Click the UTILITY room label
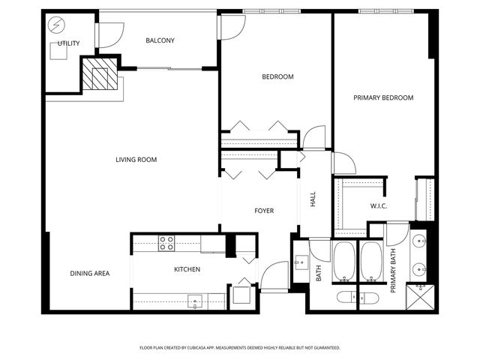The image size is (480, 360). click(x=68, y=43)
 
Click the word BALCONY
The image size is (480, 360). click(x=160, y=40)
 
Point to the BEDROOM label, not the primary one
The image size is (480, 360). click(x=277, y=76)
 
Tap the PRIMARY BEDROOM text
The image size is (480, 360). click(x=383, y=97)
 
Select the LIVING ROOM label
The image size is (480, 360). click(x=136, y=159)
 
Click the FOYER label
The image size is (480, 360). click(x=263, y=211)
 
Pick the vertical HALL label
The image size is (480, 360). click(x=313, y=199)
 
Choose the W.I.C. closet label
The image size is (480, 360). click(x=378, y=205)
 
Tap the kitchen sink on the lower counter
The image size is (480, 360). click(x=195, y=302)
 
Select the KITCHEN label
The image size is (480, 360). click(x=186, y=269)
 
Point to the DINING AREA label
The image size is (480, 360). click(x=90, y=273)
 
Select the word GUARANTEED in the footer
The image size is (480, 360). click(x=324, y=347)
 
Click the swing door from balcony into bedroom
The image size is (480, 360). click(x=231, y=25)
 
